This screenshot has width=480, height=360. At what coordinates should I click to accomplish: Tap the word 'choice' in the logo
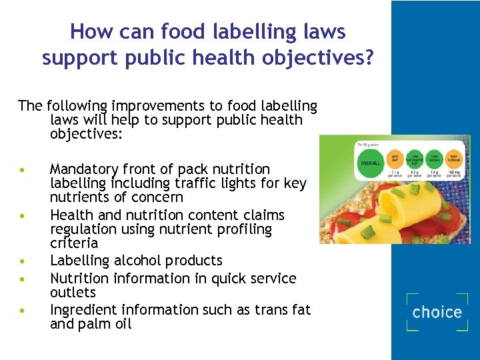[437, 312]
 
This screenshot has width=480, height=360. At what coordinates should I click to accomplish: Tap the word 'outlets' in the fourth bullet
[73, 293]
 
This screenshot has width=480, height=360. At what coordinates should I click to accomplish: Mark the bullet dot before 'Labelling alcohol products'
[23, 261]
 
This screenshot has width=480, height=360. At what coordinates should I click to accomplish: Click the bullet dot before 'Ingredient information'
[23, 311]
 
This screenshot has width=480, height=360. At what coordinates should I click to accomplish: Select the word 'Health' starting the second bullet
[71, 215]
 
